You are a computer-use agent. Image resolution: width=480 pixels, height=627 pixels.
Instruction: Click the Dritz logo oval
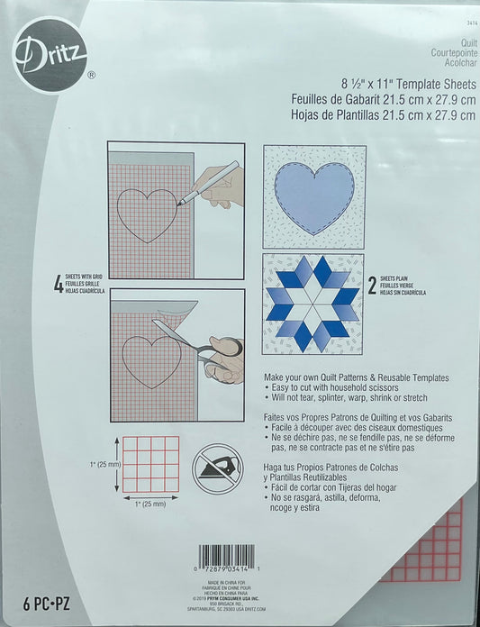(x=49, y=53)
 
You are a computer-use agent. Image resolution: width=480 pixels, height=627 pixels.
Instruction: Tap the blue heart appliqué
(x=314, y=198)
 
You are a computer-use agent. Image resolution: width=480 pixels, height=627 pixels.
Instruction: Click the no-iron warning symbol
(x=215, y=467)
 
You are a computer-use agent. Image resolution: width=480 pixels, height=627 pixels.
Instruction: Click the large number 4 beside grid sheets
(x=59, y=286)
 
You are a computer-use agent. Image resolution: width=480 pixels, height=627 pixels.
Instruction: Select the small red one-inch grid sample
(x=150, y=464)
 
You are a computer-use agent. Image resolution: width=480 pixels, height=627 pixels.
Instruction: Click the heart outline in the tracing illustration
(x=147, y=214)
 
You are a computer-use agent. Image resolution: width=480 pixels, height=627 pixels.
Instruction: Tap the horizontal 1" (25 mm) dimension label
(x=149, y=504)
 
